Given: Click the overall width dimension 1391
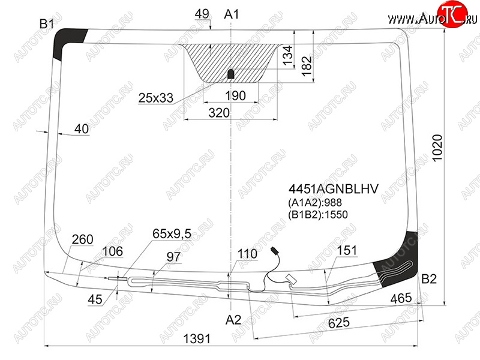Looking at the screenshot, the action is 197,338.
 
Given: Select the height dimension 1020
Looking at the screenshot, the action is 437,148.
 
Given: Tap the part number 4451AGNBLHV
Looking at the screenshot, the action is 334,189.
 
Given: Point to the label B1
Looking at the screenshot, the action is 47,23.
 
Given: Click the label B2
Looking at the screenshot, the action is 429,279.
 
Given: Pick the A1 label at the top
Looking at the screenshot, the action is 232,14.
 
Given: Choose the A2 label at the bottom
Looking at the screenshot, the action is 233,320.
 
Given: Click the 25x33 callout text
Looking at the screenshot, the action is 156,98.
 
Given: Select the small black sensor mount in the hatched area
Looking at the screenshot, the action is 231,74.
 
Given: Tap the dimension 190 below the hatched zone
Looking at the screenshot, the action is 235,96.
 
